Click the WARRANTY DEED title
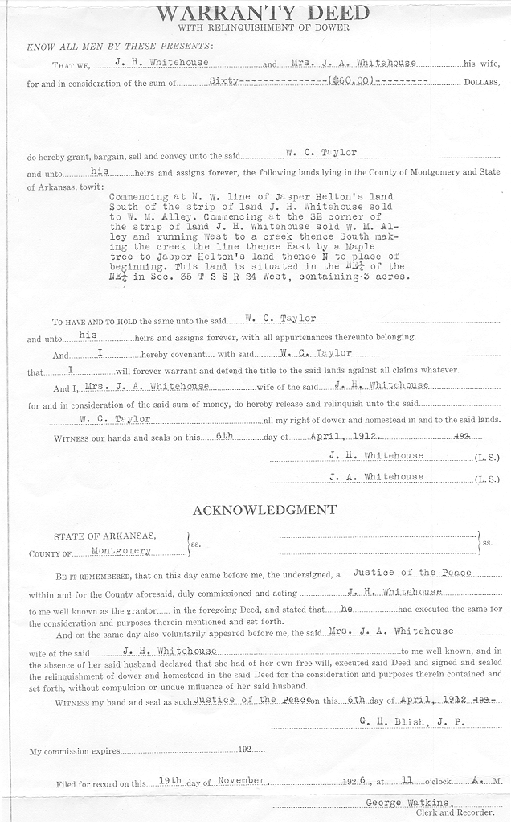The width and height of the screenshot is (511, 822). [x=264, y=13]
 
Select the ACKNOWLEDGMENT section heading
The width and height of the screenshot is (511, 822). [x=264, y=510]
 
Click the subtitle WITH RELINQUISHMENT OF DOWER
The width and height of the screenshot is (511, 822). [x=264, y=28]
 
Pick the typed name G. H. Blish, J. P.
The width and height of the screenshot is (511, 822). [x=412, y=721]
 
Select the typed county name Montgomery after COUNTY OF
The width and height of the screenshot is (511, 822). [x=121, y=552]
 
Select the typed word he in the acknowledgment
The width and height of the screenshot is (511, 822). [x=347, y=610]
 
